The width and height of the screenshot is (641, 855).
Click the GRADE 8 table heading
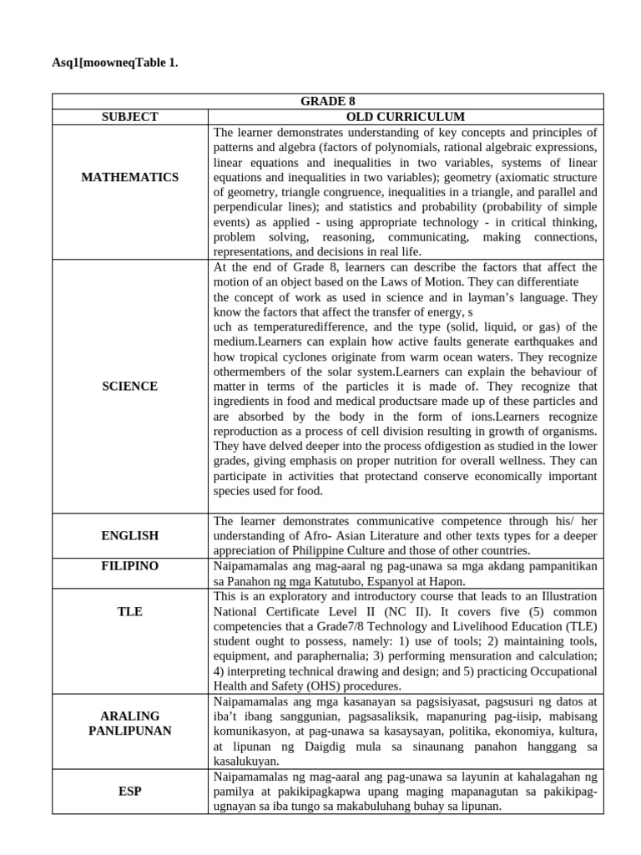coord(322,102)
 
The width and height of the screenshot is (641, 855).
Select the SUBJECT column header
coord(129,117)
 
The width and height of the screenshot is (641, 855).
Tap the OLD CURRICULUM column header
coord(406,117)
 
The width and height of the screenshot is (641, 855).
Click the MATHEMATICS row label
coord(129,177)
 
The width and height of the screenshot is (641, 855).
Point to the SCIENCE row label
coord(129,387)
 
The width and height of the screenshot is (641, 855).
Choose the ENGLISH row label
coord(129,535)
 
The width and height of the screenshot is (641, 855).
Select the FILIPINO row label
coord(129,566)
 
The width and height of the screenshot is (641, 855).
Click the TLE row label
coord(129,612)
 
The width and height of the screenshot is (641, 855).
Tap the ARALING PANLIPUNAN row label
coord(129,723)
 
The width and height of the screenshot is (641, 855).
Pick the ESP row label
coord(129,791)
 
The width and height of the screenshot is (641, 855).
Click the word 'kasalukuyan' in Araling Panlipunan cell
coord(247,761)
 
